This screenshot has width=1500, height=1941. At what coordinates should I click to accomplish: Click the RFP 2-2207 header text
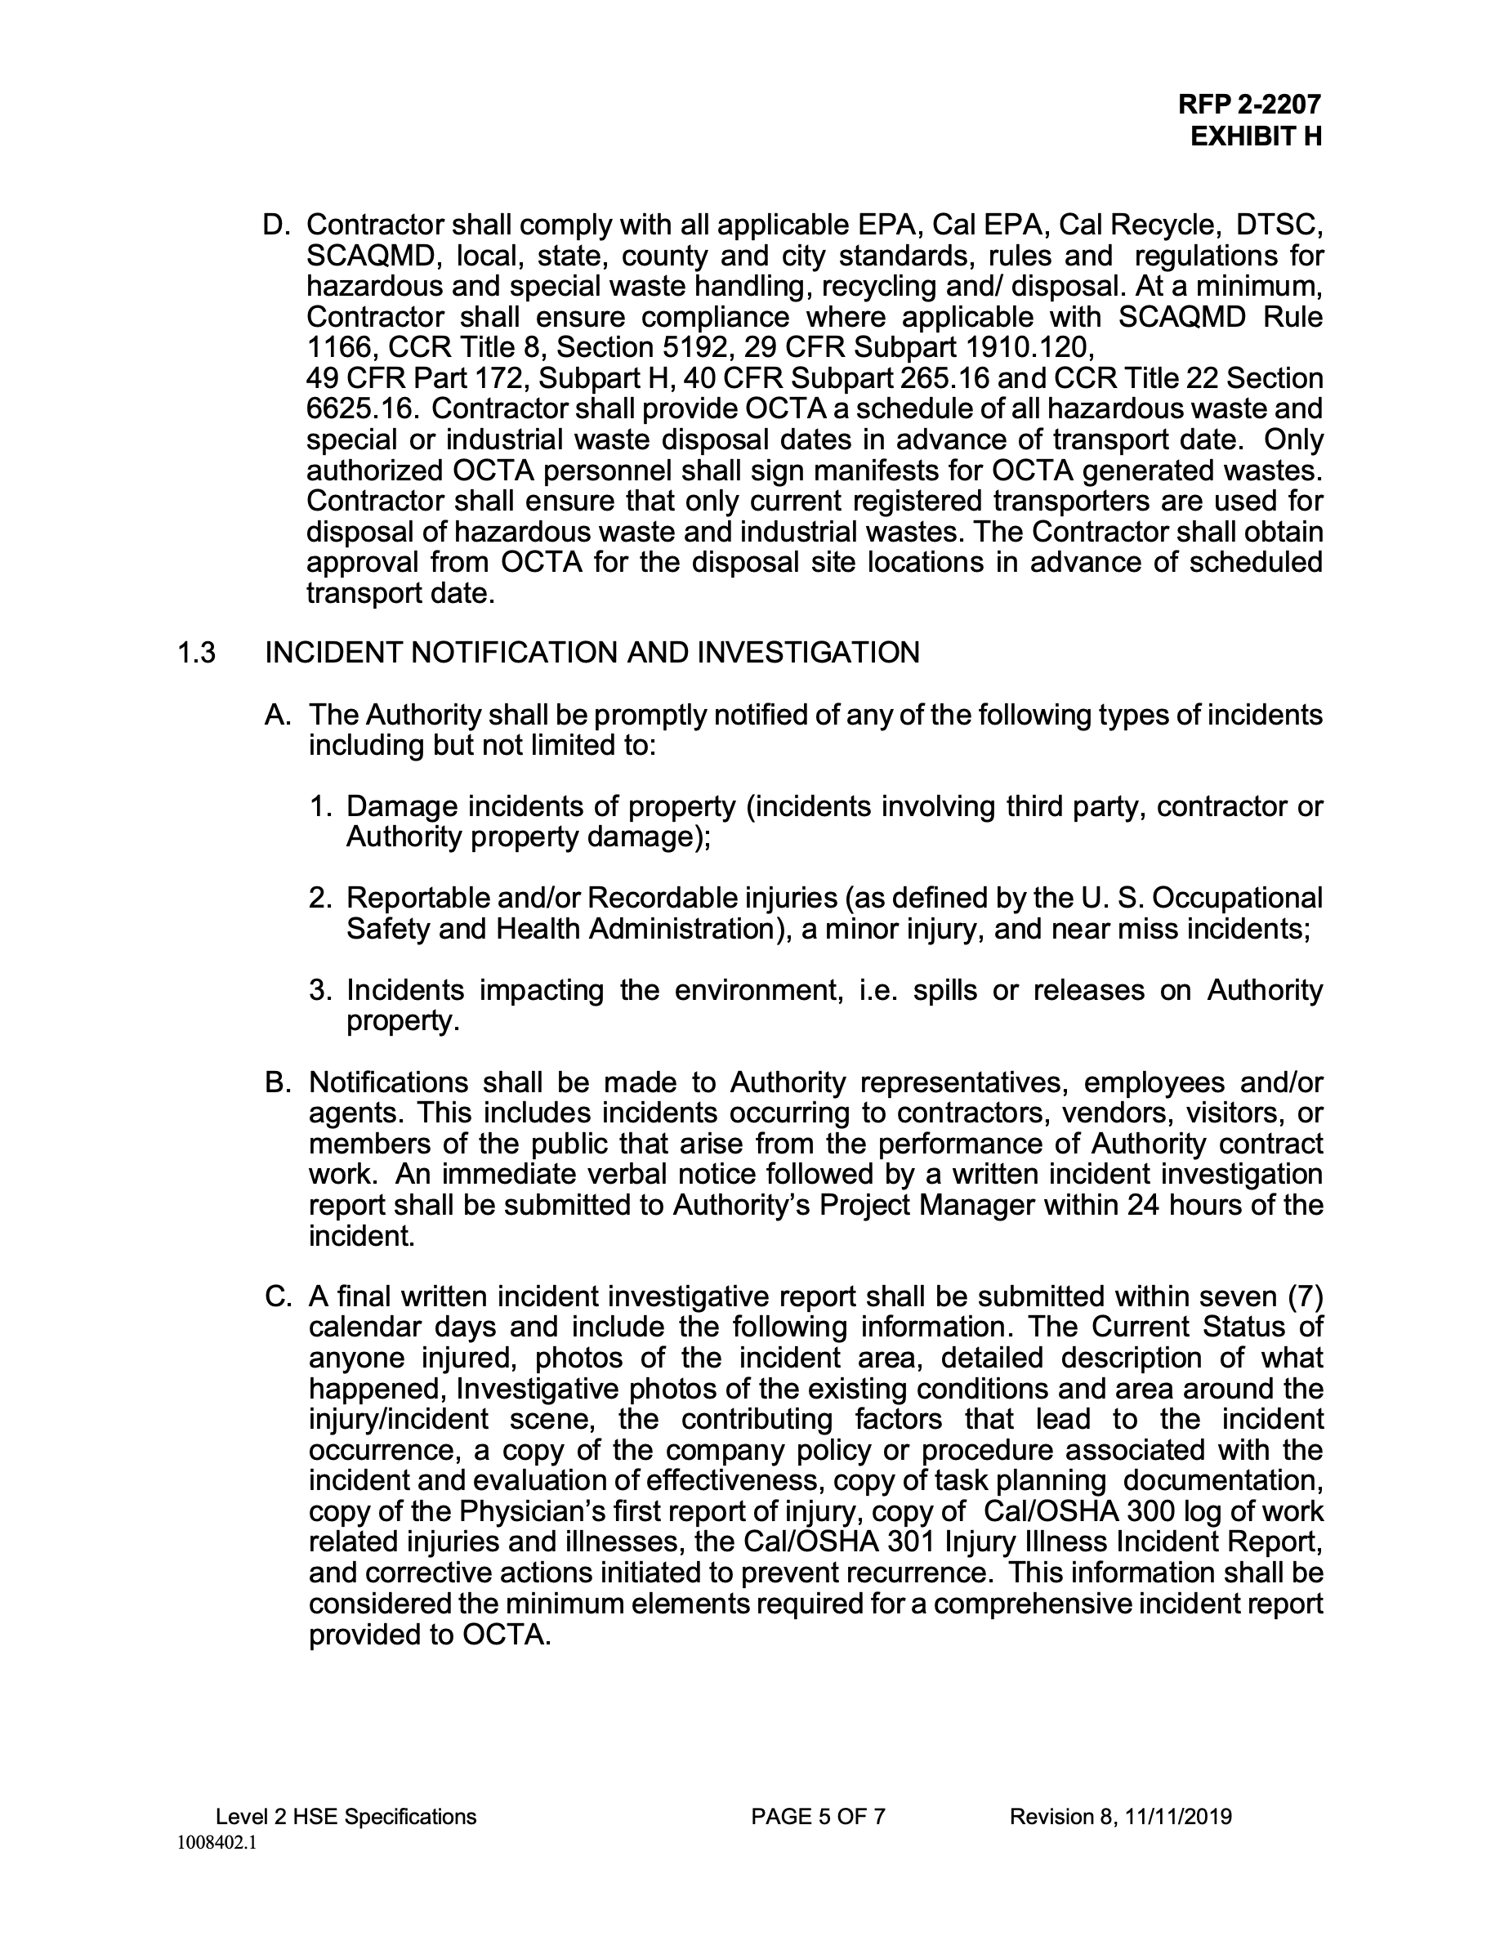(1248, 105)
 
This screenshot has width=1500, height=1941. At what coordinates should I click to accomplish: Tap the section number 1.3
(196, 654)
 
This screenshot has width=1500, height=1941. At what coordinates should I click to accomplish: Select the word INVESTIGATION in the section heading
(808, 654)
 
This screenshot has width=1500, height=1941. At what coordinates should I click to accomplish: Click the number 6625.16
(363, 408)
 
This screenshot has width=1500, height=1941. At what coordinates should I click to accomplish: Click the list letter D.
(275, 225)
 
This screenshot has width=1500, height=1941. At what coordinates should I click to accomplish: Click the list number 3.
(320, 990)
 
